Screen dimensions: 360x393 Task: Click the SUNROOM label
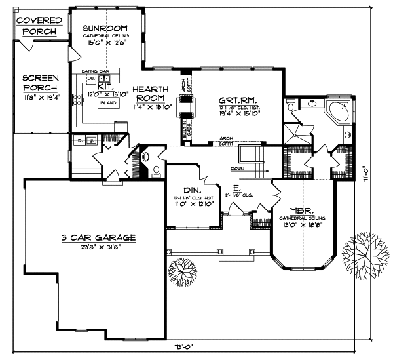tap(104, 28)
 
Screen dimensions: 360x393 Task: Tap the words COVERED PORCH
tap(39, 26)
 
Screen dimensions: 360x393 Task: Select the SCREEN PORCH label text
tap(40, 82)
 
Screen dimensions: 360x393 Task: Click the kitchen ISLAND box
tap(109, 103)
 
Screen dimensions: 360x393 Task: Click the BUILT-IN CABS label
tap(188, 132)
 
